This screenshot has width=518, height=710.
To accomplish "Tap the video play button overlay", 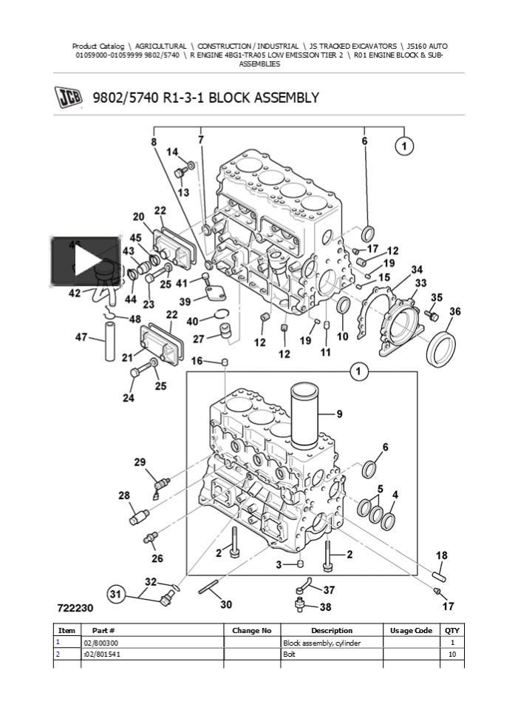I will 84,261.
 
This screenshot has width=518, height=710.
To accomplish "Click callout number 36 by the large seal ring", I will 454,312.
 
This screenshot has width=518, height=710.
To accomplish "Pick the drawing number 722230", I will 75,608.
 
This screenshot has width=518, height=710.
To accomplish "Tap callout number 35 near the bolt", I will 437,298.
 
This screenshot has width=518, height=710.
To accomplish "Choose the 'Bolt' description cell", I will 290,655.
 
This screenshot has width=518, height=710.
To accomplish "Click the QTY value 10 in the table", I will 452,655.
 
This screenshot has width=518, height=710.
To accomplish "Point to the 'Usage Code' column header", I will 411,631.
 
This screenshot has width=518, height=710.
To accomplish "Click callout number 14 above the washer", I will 171,152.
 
